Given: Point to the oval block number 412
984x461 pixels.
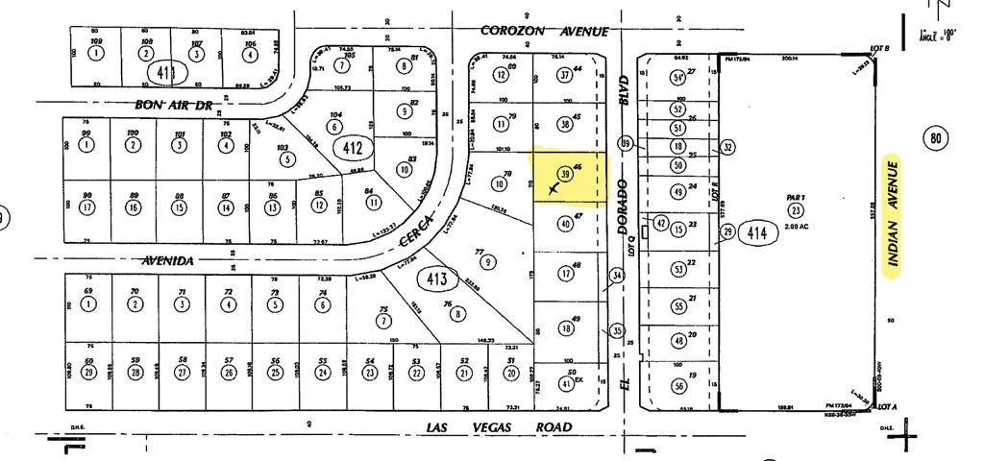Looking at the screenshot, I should (x=351, y=148).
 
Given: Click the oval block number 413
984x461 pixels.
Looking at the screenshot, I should (x=438, y=279).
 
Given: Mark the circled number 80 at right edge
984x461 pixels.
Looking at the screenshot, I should (x=937, y=138).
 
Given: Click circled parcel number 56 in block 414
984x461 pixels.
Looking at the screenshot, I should (x=678, y=386).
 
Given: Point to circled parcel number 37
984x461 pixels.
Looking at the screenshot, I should (x=564, y=75).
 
